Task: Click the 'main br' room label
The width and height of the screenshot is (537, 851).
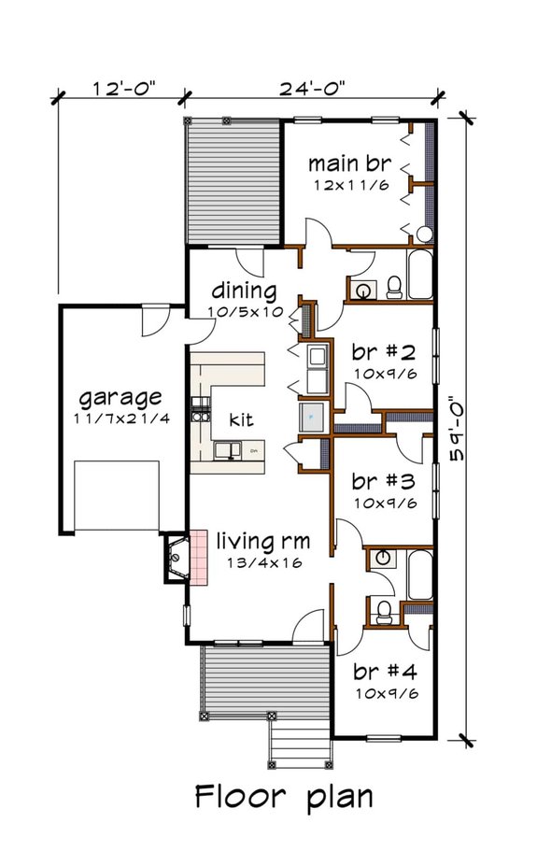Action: (349, 163)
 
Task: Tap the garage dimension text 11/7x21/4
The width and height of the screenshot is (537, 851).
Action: (121, 419)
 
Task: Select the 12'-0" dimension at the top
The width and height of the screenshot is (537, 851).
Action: (123, 89)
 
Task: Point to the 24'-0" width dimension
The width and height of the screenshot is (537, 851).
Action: (312, 89)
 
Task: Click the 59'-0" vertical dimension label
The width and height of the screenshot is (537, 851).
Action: (459, 428)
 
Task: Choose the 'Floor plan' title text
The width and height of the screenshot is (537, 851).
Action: (284, 797)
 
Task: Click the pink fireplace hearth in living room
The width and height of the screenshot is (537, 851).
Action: (198, 558)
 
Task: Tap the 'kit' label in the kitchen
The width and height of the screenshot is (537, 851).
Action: (241, 419)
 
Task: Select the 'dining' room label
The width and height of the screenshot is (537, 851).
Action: (244, 291)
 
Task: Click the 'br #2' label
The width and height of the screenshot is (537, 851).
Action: (384, 353)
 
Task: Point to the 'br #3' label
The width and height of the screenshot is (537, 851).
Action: (384, 481)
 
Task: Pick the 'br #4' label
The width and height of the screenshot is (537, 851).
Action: (385, 672)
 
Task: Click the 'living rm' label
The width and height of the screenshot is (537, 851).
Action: (263, 541)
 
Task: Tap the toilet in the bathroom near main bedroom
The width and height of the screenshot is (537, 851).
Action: (394, 288)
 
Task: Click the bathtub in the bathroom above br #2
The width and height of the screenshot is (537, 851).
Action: (420, 274)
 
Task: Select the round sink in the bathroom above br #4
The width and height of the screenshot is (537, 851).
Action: (383, 558)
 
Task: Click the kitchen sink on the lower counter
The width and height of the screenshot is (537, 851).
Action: (227, 451)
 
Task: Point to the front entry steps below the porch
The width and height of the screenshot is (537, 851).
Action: (300, 742)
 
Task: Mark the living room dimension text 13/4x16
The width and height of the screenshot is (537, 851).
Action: (264, 563)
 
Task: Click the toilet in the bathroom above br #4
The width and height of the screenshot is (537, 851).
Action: (385, 612)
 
